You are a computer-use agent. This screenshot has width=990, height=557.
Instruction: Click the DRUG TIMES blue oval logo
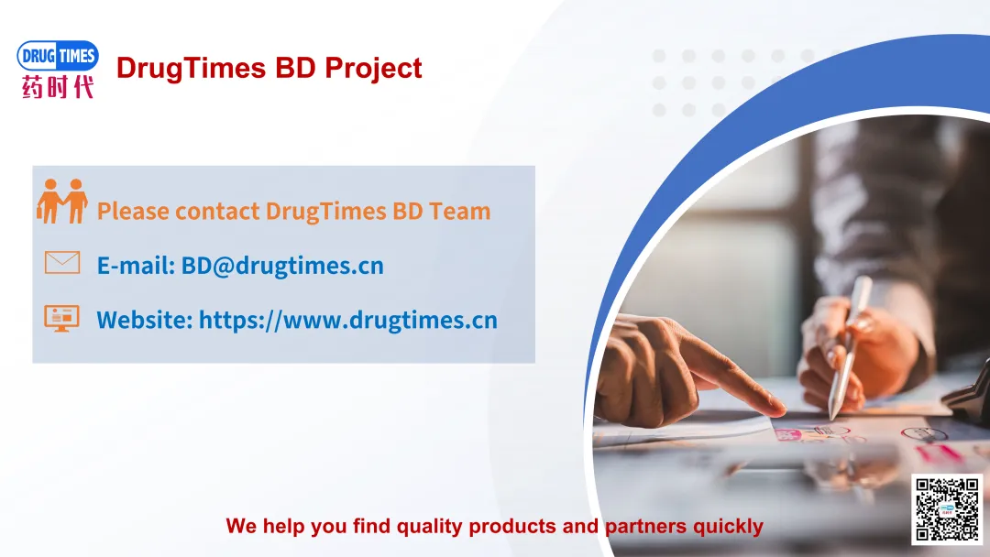pyautogui.click(x=58, y=56)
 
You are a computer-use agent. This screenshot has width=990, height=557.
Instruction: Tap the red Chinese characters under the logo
pyautogui.click(x=58, y=86)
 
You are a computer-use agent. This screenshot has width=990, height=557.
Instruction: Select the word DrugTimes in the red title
pyautogui.click(x=191, y=69)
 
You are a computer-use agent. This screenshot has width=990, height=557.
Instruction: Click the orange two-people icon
pyautogui.click(x=62, y=202)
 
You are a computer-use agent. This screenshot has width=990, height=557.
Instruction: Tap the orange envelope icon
pyautogui.click(x=62, y=262)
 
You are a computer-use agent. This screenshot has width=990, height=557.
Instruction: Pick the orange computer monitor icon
pyautogui.click(x=62, y=318)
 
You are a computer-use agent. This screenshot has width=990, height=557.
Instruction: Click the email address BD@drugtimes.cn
pyautogui.click(x=282, y=266)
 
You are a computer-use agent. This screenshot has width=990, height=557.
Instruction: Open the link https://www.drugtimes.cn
pyautogui.click(x=348, y=321)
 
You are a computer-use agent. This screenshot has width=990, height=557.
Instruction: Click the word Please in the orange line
pyautogui.click(x=133, y=212)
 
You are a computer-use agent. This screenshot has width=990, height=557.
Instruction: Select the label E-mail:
pyautogui.click(x=136, y=266)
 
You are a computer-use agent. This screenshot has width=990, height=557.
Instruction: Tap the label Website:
pyautogui.click(x=145, y=320)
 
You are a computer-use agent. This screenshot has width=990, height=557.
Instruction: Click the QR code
pyautogui.click(x=947, y=509)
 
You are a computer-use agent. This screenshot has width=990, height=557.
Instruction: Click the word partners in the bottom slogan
pyautogui.click(x=646, y=527)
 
